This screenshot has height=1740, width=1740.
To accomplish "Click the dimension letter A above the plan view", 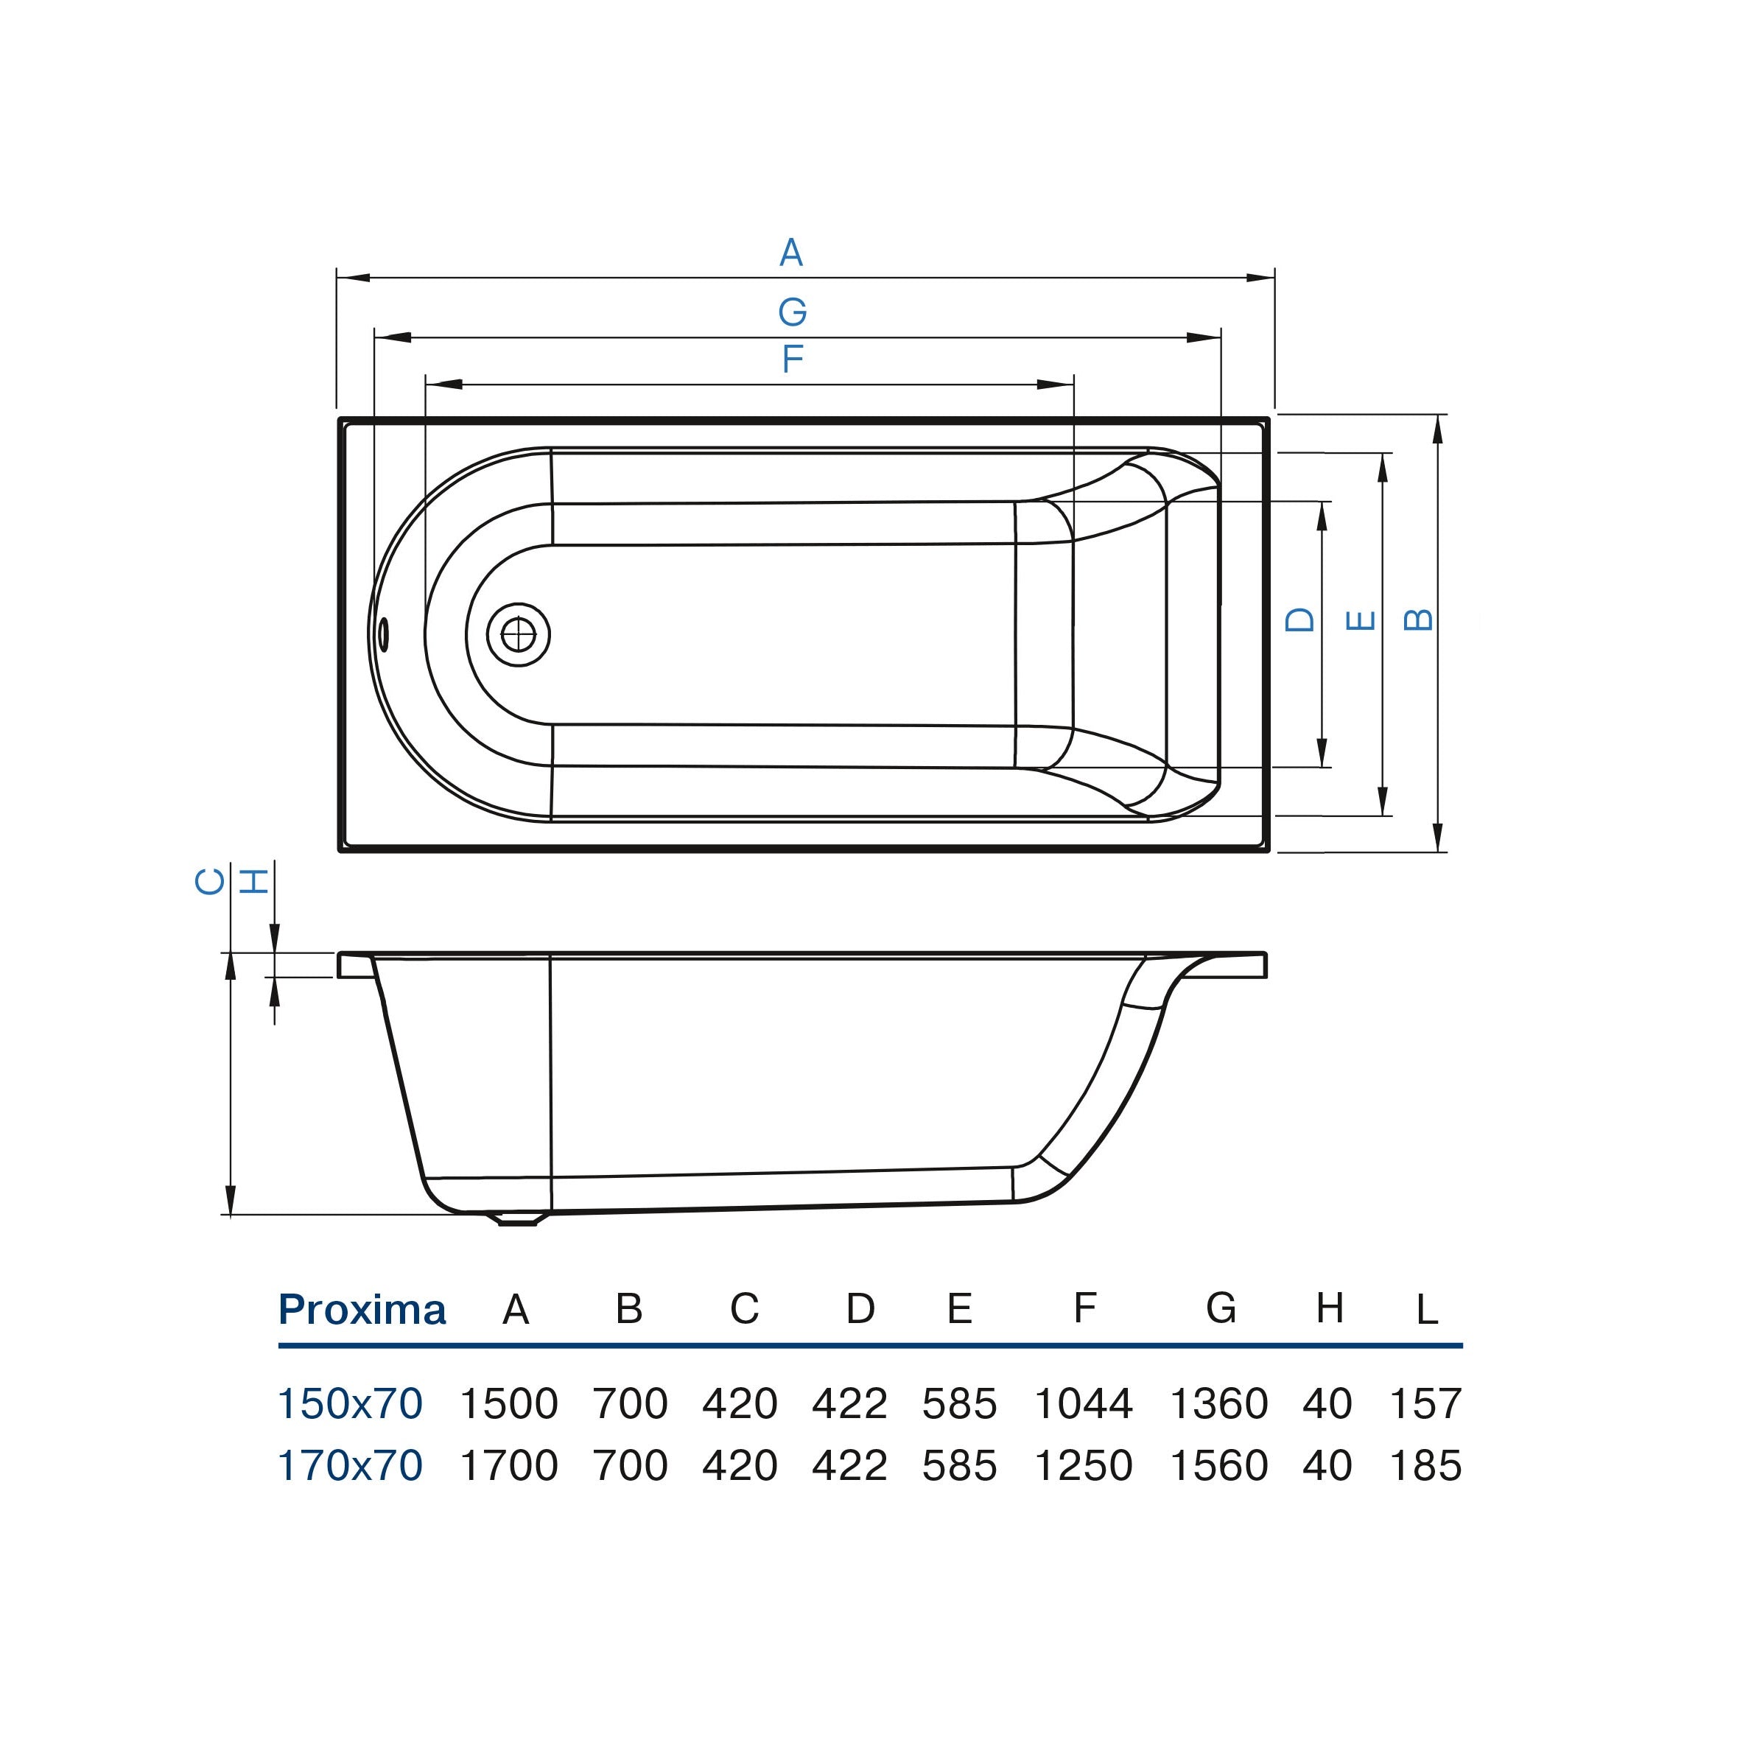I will coord(790,253).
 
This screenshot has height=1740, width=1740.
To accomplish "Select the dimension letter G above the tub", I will coord(792,312).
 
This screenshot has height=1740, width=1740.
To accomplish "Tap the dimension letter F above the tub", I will coord(792,359).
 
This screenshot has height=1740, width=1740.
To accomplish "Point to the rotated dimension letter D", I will coord(1299,620).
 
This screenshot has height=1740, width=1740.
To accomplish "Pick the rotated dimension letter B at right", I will coord(1419,619).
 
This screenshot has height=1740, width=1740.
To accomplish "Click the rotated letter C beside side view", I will coord(210,881).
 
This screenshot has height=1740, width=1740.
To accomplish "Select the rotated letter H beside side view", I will coord(255,881).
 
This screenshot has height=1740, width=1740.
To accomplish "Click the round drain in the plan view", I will coord(518,635).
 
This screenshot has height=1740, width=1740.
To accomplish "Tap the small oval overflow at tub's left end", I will coord(384,634).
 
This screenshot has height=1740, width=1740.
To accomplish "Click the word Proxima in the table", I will coord(362,1311).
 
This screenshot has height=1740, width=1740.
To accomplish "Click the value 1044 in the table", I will coord(1083,1403).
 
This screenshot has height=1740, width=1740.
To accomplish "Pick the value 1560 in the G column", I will coord(1218,1465).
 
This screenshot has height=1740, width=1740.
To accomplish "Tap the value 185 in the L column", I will coord(1425,1465).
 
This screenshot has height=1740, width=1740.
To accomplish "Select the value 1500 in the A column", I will coord(509,1403).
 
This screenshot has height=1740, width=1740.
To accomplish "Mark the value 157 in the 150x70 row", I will coord(1425,1403).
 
